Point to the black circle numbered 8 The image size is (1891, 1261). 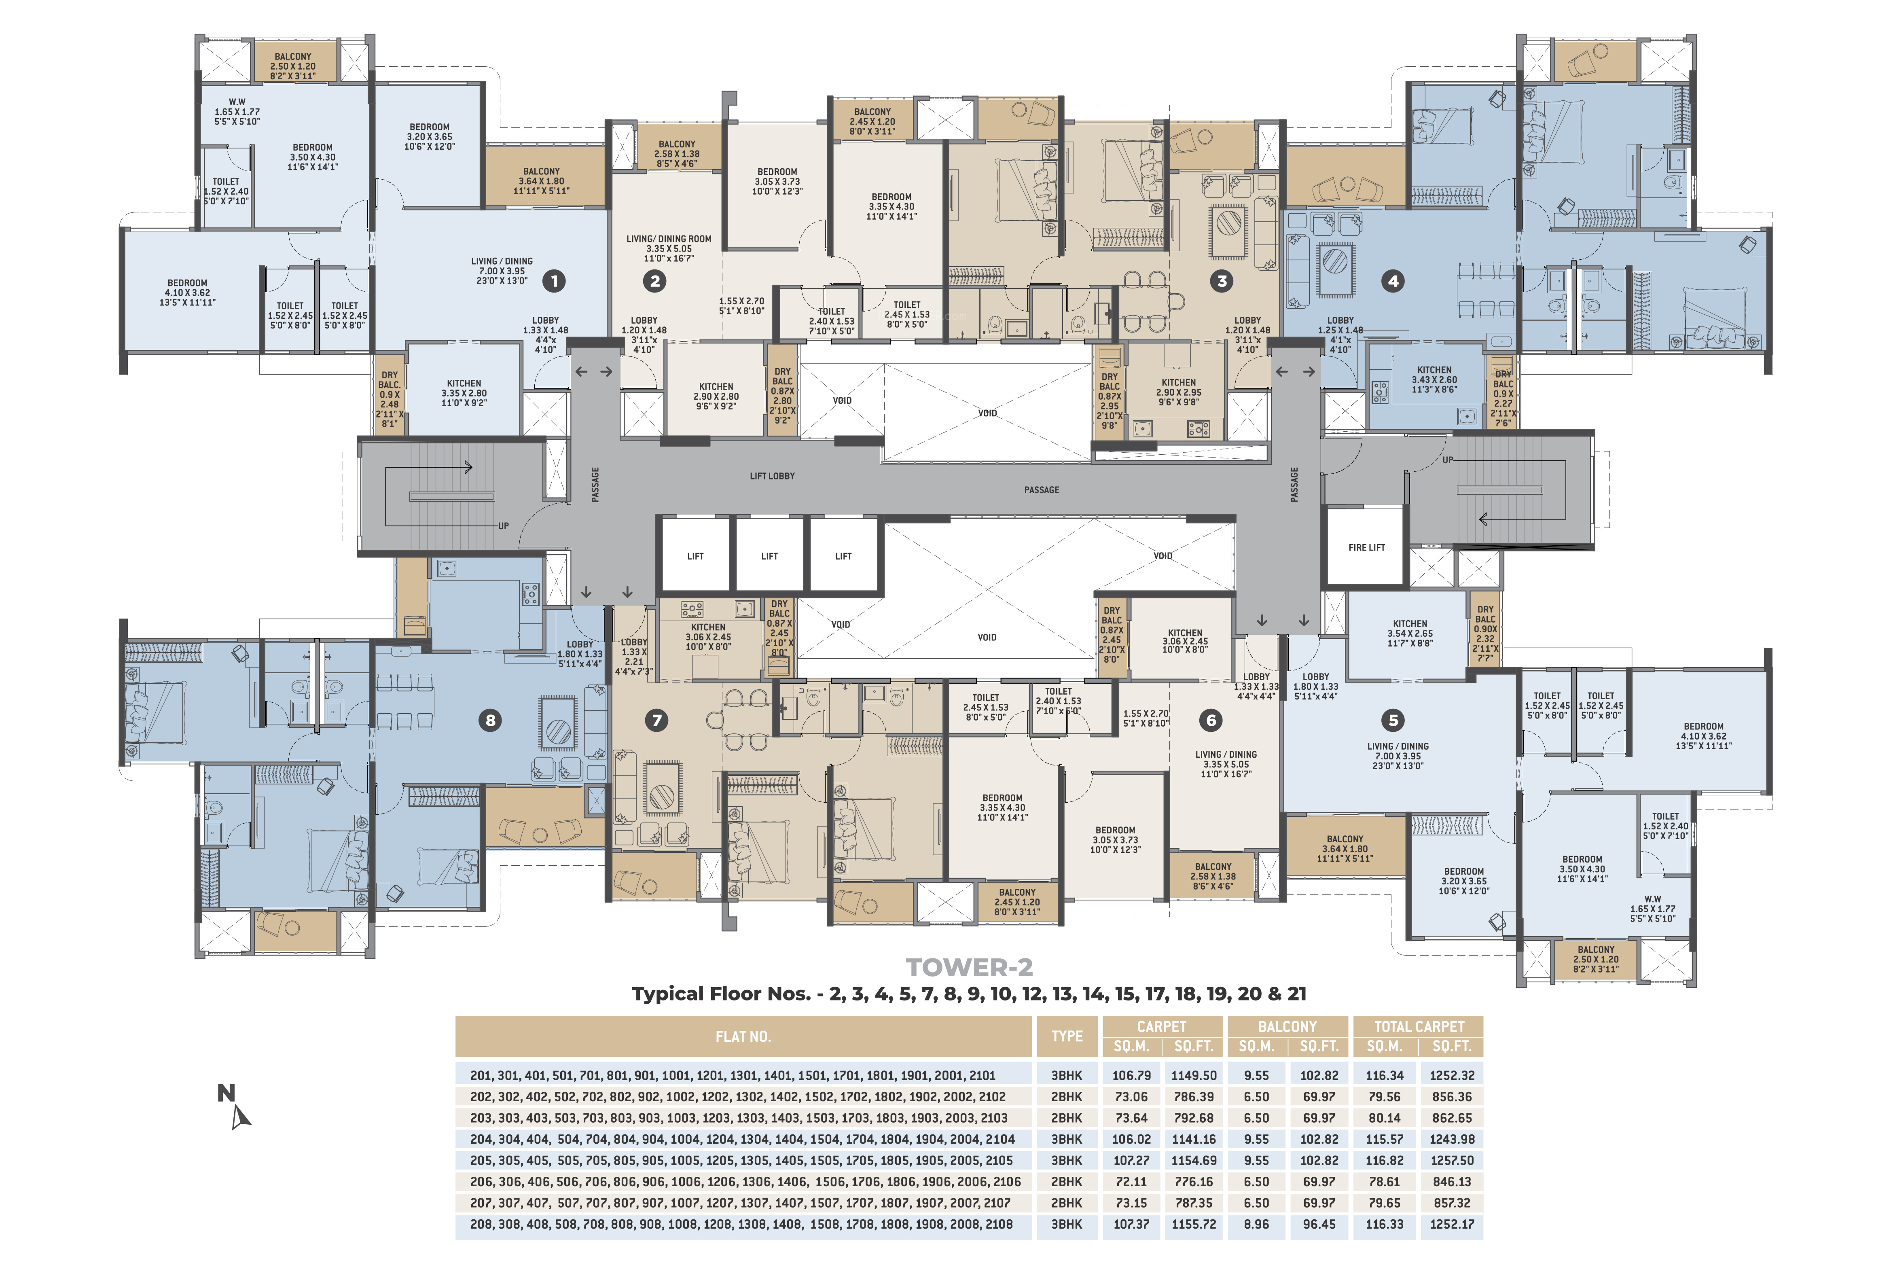click(490, 720)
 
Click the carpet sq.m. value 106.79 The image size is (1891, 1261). click(1131, 1075)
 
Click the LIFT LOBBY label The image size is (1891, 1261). click(772, 476)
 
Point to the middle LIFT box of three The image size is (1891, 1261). click(769, 556)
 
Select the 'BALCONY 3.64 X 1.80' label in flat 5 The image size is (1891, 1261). click(1345, 848)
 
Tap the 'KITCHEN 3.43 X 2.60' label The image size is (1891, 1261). click(1434, 379)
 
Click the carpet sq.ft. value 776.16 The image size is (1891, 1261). click(1194, 1181)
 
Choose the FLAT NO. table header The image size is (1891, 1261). click(743, 1036)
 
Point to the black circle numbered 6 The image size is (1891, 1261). click(1211, 720)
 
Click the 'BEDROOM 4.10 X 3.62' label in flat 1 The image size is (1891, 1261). click(187, 293)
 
